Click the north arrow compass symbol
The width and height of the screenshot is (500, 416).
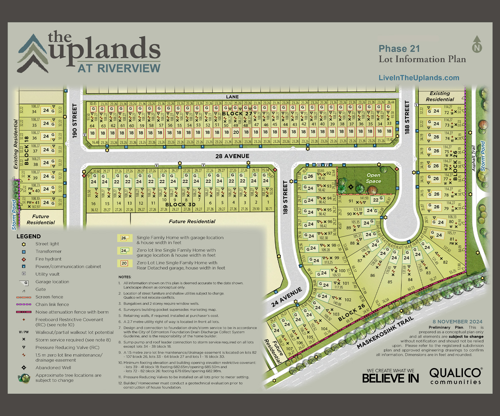[477, 44]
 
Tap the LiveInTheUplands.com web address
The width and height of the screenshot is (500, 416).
[419, 78]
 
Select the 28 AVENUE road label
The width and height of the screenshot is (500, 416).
[232, 156]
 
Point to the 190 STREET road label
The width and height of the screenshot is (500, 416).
[74, 121]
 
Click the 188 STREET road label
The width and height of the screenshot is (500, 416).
[407, 117]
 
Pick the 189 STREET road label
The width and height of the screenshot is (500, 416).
[285, 197]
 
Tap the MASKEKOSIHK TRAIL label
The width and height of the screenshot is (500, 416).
[385, 333]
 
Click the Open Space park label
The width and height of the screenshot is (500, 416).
[373, 178]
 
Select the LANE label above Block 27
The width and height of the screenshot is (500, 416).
[232, 97]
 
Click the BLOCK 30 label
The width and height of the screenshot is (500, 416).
[180, 205]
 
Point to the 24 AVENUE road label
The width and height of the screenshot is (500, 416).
[287, 297]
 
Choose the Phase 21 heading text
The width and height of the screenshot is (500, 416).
[399, 49]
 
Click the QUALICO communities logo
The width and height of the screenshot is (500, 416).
[456, 376]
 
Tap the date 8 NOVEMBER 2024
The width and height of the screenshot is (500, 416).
[457, 322]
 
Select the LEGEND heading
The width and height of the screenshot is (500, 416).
[29, 236]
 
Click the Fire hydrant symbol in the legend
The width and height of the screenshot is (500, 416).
[24, 259]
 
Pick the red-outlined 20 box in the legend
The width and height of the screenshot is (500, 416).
[124, 263]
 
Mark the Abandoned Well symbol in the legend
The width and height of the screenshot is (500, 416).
[24, 368]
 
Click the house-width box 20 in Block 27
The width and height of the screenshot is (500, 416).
[236, 132]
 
